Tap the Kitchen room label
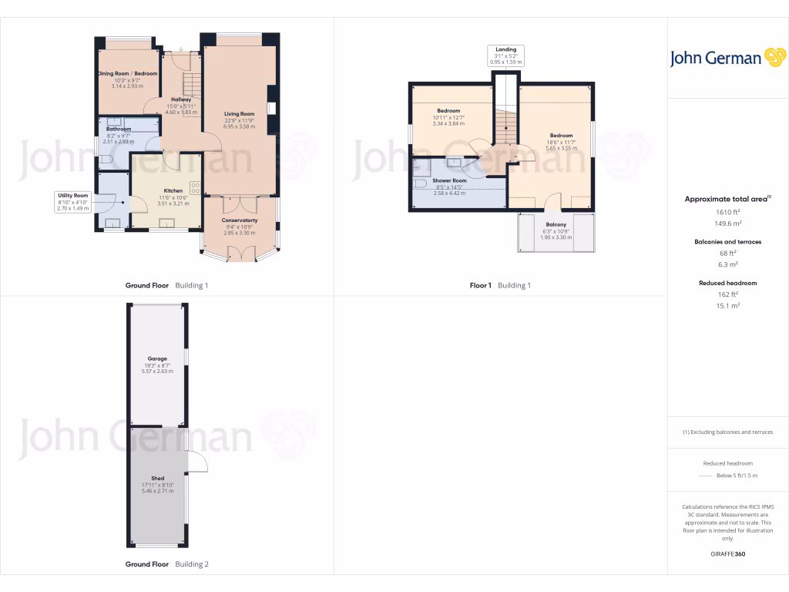(x=173, y=190)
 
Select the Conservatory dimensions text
(x=240, y=230)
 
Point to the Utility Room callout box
(x=73, y=202)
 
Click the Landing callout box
(x=506, y=55)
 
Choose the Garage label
(x=157, y=358)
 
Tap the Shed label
(x=157, y=478)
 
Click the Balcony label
(x=556, y=224)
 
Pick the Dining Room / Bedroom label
(x=127, y=73)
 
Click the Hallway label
(x=181, y=99)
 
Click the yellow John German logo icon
(x=774, y=58)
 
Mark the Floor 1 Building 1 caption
(x=500, y=285)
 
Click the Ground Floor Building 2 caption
(x=166, y=564)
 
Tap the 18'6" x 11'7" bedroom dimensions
(x=561, y=142)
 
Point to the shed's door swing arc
(x=198, y=460)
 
